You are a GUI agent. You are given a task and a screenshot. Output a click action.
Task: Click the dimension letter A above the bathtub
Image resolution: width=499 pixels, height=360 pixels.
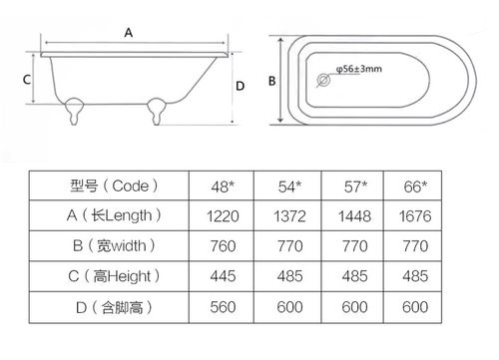129,33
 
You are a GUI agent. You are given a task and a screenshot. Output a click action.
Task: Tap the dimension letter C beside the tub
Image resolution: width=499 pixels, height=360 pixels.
27,80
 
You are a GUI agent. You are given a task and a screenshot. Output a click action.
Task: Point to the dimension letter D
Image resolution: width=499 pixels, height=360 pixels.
240,86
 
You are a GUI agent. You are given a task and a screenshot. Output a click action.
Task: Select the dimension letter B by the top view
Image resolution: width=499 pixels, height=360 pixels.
271,81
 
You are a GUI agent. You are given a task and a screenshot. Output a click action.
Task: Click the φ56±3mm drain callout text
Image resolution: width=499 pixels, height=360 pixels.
359,69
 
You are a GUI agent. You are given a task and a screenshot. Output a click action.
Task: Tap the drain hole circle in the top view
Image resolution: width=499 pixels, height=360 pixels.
323,80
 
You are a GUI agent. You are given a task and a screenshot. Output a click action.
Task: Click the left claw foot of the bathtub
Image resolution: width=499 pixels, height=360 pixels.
74,111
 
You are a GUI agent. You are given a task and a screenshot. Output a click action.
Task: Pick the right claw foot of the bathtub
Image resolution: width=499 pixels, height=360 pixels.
157,111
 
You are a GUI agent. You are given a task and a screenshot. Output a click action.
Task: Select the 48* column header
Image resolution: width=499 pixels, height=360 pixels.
223,186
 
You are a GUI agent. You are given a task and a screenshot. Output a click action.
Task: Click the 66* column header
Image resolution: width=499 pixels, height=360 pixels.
415,186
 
